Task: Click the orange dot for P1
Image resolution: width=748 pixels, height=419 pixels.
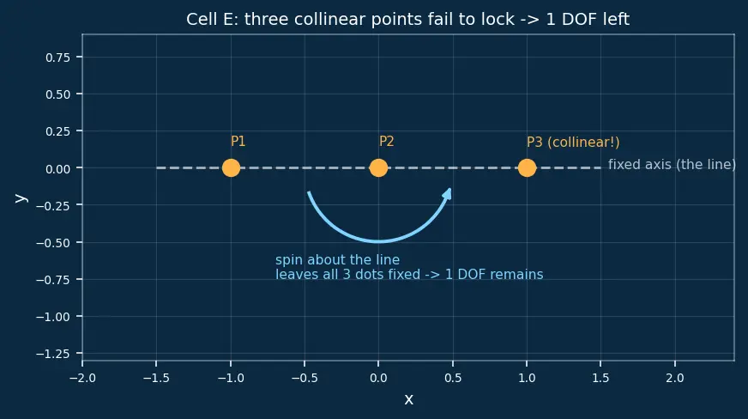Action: click(x=231, y=168)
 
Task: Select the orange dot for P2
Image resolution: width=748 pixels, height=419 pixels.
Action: click(x=379, y=168)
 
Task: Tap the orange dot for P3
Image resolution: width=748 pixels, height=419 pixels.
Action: click(x=527, y=168)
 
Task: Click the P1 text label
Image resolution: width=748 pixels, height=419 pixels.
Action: click(x=238, y=142)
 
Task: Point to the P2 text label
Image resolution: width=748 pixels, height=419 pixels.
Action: click(x=386, y=142)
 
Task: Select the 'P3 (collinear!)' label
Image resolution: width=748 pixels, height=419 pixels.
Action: click(x=573, y=142)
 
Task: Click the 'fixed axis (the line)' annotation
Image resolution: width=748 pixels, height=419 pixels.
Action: click(x=672, y=165)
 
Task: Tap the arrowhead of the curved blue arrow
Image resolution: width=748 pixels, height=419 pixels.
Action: click(x=448, y=193)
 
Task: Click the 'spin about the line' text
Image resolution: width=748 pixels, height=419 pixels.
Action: click(x=337, y=260)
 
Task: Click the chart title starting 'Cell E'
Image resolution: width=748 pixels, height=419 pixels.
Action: click(x=407, y=20)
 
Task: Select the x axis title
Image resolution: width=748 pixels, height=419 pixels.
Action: click(x=409, y=399)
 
